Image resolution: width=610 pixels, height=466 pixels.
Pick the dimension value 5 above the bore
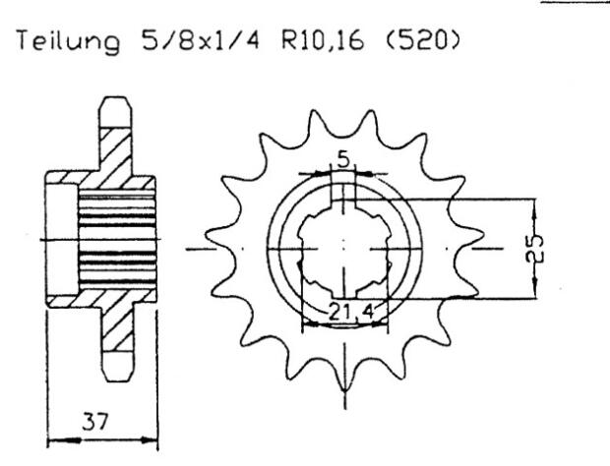pos(340,158)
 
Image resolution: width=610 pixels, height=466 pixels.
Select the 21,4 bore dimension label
pos(343,313)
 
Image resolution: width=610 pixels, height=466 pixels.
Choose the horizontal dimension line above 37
pos(102,434)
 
